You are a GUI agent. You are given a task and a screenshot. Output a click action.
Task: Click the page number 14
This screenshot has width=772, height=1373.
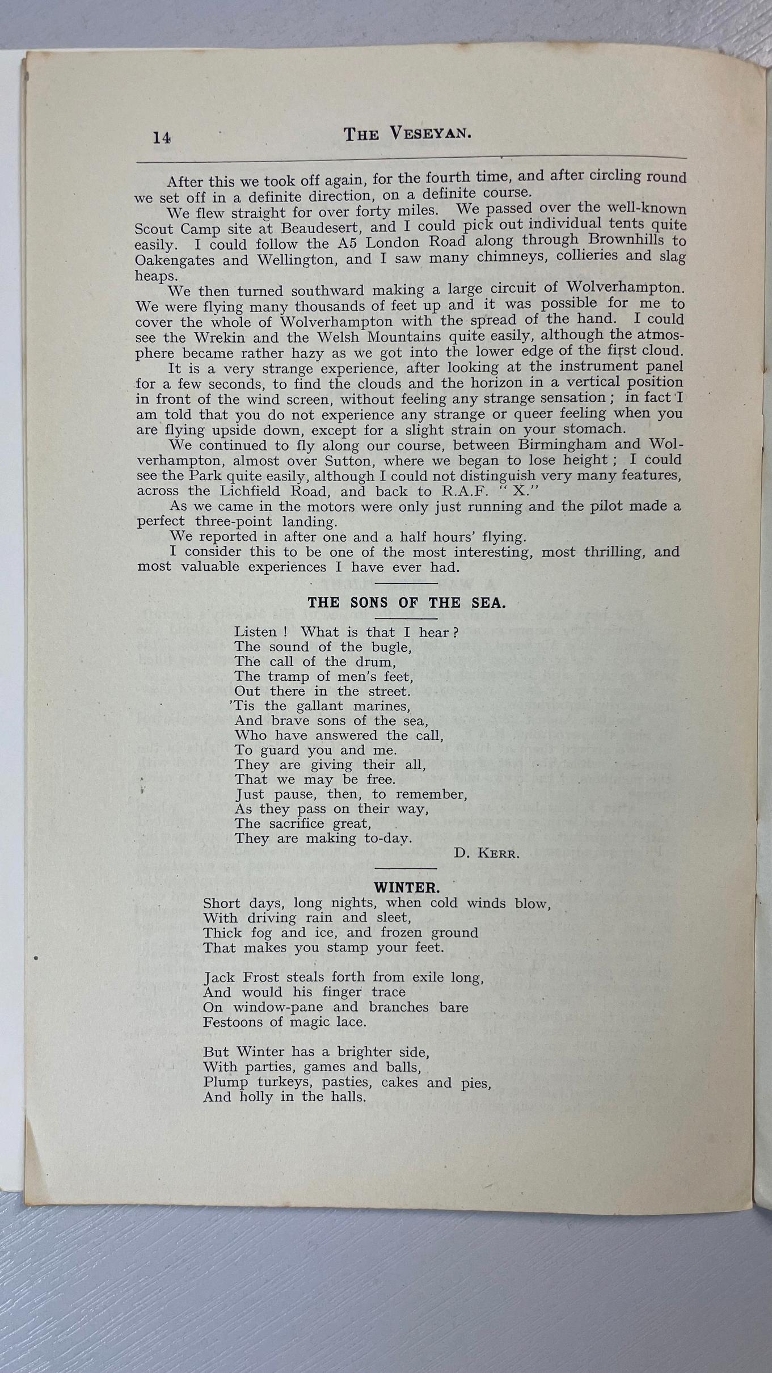[x=162, y=137]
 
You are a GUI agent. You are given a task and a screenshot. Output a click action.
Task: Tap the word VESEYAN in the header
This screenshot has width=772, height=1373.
[x=431, y=134]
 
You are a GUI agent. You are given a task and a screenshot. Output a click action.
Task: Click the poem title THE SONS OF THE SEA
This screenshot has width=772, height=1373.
[x=406, y=603]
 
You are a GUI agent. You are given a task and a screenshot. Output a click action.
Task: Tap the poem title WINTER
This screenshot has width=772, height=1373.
[x=406, y=887]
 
